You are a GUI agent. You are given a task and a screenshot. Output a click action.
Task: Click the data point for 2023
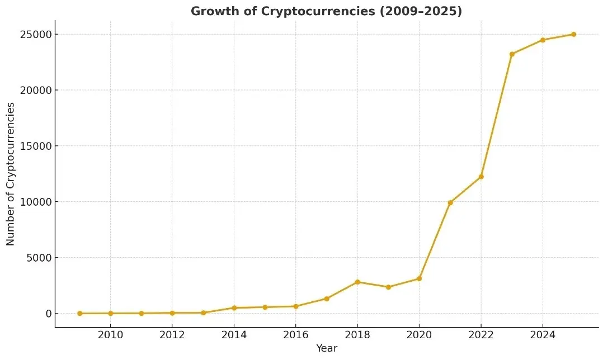[512, 54]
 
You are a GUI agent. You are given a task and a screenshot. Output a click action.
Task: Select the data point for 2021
[450, 202]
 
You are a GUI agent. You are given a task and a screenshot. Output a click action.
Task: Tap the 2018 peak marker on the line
[357, 282]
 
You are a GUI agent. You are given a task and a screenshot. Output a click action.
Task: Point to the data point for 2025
[573, 34]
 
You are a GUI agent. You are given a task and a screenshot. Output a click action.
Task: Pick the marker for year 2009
[79, 314]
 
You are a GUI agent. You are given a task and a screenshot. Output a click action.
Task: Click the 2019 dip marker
[388, 287]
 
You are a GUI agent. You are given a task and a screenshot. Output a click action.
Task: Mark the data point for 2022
[481, 177]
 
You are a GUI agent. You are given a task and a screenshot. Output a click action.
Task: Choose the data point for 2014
[234, 308]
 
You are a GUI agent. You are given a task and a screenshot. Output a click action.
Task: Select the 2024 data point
[543, 40]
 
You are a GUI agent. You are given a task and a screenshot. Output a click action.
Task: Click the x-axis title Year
[327, 349]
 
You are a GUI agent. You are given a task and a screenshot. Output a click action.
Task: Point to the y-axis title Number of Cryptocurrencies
[11, 174]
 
